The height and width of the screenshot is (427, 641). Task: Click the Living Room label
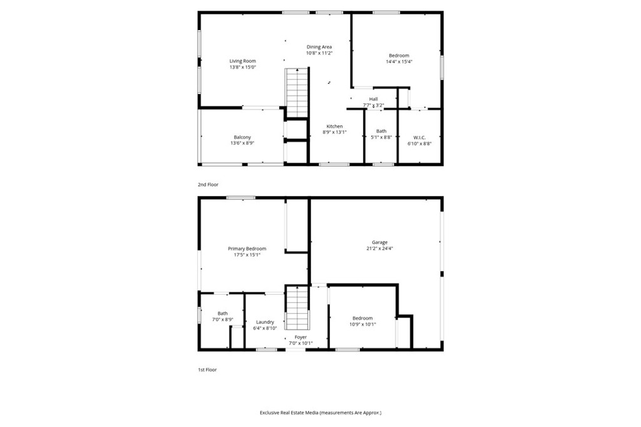pos(242,61)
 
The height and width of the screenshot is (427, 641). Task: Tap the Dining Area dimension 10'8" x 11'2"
pos(319,53)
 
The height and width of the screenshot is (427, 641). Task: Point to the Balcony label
pos(242,137)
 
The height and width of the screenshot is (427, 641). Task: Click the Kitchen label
pos(334,126)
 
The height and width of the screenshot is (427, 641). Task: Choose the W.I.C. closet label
pos(419,137)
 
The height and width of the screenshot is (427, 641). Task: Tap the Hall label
pos(373,99)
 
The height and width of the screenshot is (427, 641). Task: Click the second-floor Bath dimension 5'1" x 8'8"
pos(381,138)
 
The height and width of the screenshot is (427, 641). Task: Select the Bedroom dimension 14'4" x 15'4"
pos(399,62)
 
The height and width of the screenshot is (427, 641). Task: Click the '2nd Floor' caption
pos(208,185)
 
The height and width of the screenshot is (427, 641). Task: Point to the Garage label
pos(379,242)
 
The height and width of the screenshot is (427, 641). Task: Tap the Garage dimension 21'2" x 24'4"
pos(379,249)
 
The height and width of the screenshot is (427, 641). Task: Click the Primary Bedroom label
pos(247,249)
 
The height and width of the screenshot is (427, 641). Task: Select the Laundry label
pos(265,322)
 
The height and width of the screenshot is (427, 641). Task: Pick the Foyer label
pos(300,337)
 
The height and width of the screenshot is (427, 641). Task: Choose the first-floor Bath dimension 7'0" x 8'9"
pos(222,320)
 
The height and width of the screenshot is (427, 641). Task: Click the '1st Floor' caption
pos(208,370)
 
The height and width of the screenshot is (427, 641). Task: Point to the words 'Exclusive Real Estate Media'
pos(289,413)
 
